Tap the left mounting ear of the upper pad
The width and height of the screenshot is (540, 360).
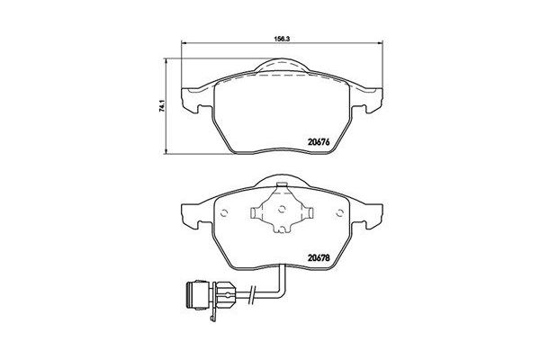pos(193,99)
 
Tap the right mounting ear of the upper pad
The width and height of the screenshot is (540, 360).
pos(370,99)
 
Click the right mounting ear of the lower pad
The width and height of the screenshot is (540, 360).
pos(370,216)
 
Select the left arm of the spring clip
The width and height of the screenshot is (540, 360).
pos(256,216)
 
